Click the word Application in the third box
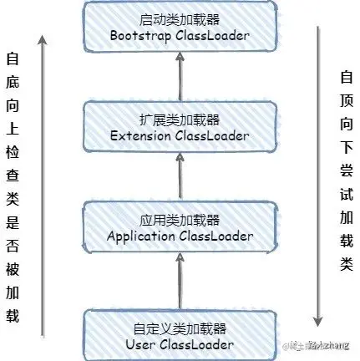click(143, 236)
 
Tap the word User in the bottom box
click(141, 343)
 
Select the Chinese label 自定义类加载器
click(180, 328)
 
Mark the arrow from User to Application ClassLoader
click(180, 280)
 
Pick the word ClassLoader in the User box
click(196, 343)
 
